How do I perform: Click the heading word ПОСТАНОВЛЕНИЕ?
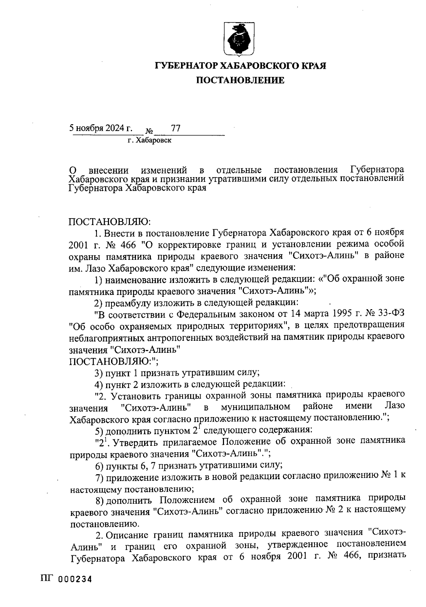pos(240,81)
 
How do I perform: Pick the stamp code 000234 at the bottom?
pos(75,579)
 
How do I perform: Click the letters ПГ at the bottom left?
pos(48,579)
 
